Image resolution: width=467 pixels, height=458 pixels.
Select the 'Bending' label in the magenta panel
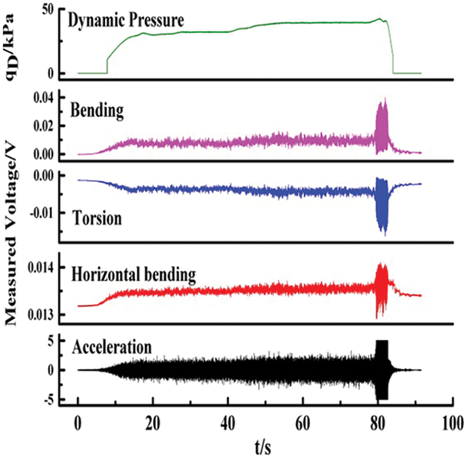[97, 110]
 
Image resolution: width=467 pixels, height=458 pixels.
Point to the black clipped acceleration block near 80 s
[382, 370]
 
